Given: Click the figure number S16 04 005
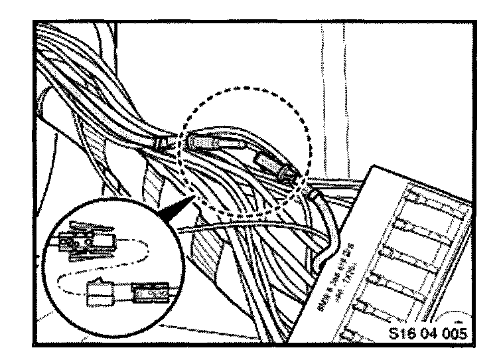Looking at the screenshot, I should click(429, 333).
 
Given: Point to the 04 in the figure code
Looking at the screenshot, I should click(429, 333).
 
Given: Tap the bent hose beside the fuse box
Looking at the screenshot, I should click(325, 219).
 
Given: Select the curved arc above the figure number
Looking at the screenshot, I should click(458, 312).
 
